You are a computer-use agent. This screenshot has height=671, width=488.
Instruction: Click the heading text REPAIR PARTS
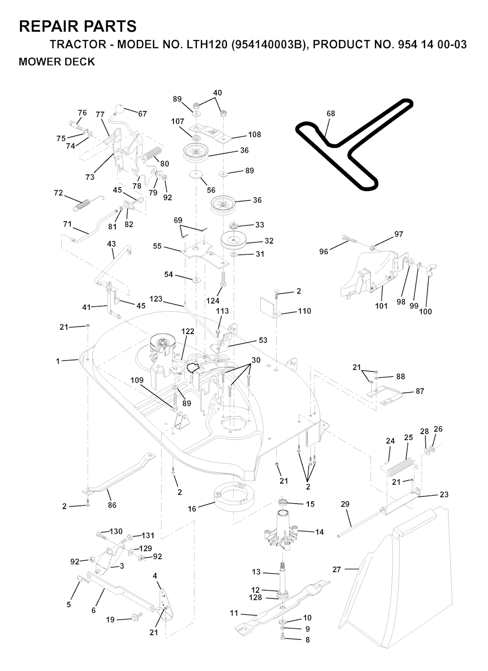pyautogui.click(x=78, y=26)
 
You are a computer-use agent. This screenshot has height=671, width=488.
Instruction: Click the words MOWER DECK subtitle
pyautogui.click(x=57, y=62)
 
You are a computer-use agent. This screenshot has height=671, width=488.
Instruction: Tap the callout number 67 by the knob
pyautogui.click(x=142, y=114)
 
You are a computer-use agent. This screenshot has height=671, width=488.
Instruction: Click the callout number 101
pyautogui.click(x=381, y=306)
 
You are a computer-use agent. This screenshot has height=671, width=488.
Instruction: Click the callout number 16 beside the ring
pyautogui.click(x=192, y=509)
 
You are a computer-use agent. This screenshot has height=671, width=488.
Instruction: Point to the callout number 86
pyautogui.click(x=112, y=505)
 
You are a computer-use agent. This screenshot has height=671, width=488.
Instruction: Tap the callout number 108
pyautogui.click(x=254, y=134)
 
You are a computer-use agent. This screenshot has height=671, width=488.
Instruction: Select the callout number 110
pyautogui.click(x=304, y=311)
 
